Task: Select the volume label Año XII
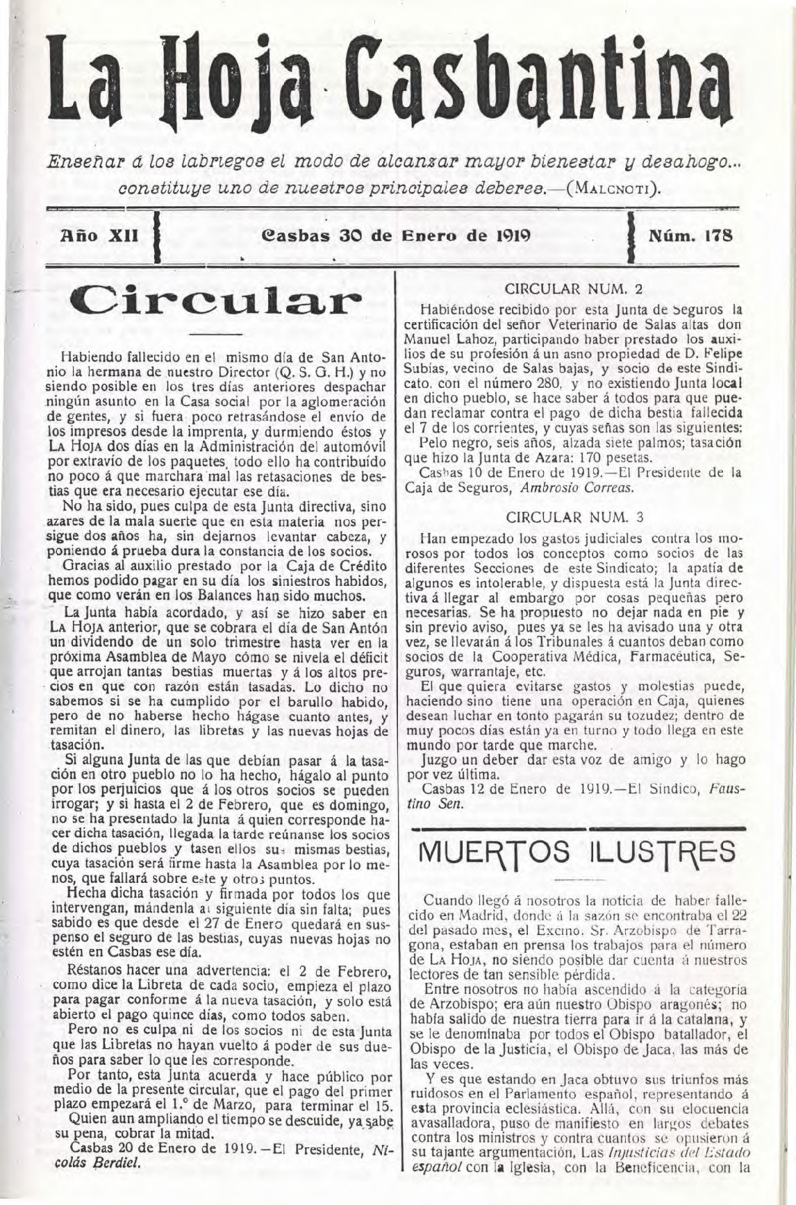[101, 235]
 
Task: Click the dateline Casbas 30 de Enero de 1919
[395, 235]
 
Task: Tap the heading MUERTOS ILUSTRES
[577, 850]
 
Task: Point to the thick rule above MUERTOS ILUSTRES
[577, 828]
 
